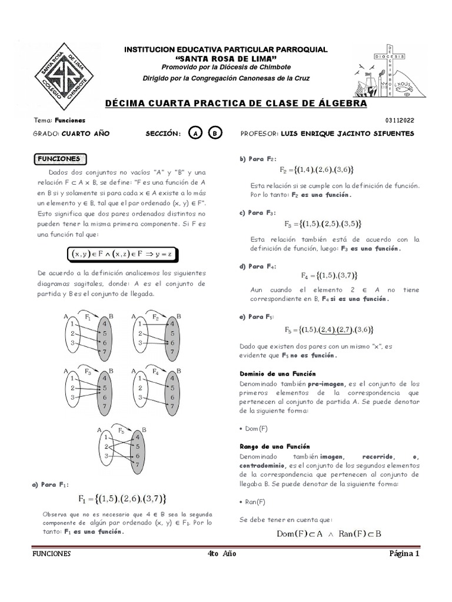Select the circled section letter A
pos(194,133)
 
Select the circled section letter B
pos(215,133)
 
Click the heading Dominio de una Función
pos(277,373)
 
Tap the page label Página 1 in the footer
pos(404,553)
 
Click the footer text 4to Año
pos(222,553)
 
